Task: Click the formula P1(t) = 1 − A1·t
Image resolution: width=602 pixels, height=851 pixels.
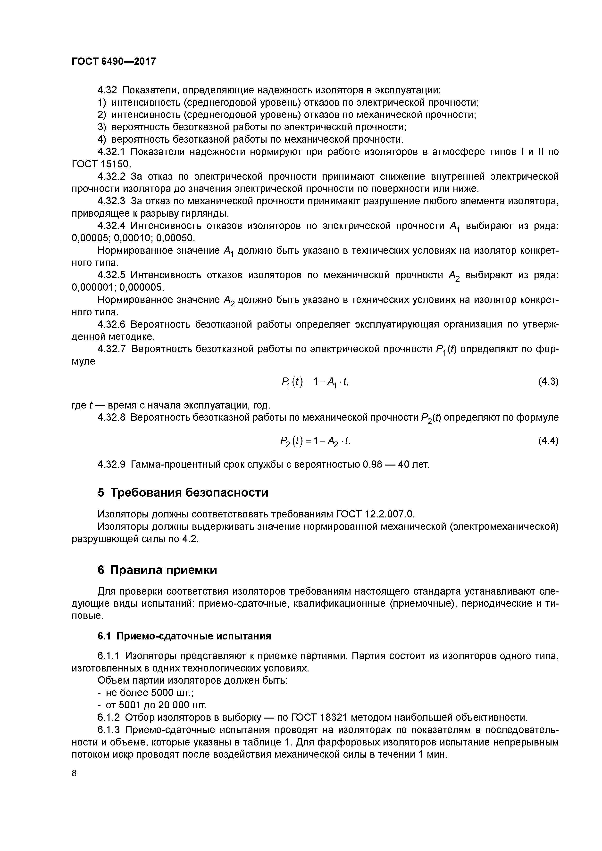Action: point(315,382)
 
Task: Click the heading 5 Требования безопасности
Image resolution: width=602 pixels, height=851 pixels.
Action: point(183,493)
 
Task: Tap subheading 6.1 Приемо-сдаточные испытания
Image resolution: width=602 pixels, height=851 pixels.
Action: point(184,636)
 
